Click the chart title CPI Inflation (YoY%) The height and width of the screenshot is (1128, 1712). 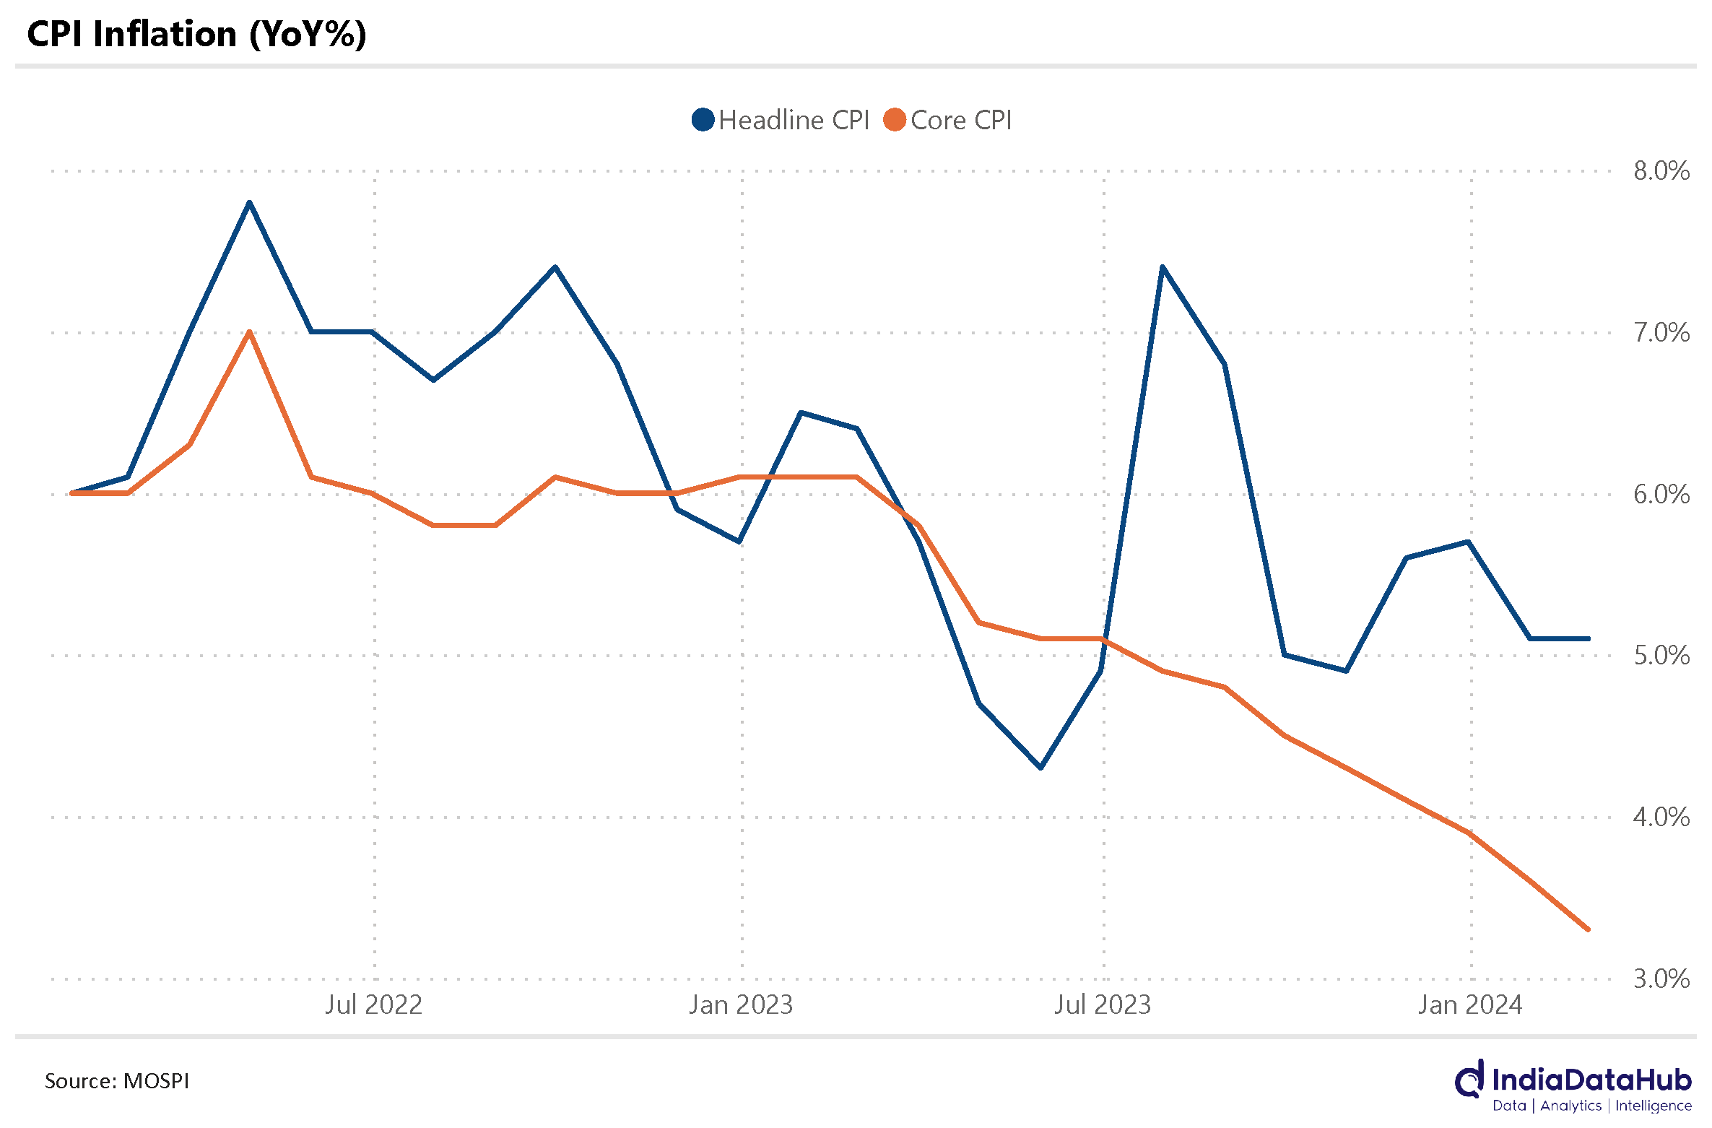(196, 34)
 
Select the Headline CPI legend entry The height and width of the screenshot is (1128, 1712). (781, 120)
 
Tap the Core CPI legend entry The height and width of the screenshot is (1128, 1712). (948, 120)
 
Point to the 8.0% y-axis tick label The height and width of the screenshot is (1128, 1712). (1661, 171)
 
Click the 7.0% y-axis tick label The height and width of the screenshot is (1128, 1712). (1661, 333)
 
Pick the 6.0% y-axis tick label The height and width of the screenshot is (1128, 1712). (1661, 495)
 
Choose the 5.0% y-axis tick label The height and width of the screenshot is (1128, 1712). (1661, 656)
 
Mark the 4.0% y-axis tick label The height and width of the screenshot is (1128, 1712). (1661, 817)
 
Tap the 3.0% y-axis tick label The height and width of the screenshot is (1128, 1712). (1661, 979)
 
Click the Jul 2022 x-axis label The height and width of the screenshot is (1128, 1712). (373, 1005)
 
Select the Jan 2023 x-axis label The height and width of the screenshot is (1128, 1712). (741, 1005)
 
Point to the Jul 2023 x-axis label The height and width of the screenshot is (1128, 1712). (1103, 1005)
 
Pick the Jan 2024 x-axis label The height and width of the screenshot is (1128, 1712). (1470, 1005)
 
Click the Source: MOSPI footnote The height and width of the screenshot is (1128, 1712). (117, 1081)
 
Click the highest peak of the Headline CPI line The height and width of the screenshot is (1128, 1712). (249, 203)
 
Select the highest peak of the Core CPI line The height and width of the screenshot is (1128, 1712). (249, 332)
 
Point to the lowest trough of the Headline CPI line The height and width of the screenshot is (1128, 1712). (1040, 768)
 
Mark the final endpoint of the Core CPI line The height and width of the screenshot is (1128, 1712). (1589, 929)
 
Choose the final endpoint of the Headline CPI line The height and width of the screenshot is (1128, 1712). (1589, 638)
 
